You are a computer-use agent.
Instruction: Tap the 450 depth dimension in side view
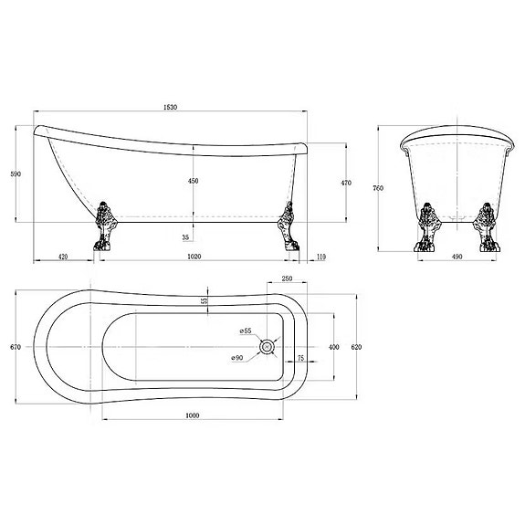click(x=193, y=182)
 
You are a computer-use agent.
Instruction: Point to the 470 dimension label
click(x=346, y=183)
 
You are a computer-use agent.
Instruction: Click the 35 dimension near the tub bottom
click(x=186, y=236)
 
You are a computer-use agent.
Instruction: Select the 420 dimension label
click(x=64, y=257)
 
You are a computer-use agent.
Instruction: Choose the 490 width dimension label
click(x=457, y=257)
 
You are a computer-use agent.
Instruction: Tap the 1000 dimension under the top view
click(x=193, y=415)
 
